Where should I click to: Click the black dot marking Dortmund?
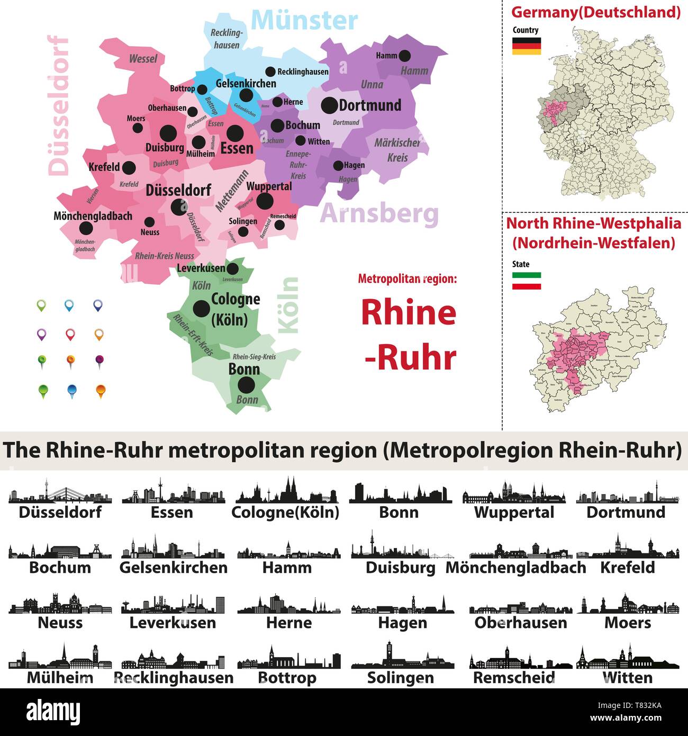(329, 105)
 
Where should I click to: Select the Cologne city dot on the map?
(201, 308)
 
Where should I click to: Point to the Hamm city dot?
(405, 55)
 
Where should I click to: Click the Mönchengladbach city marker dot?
(86, 229)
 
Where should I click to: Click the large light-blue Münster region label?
(304, 21)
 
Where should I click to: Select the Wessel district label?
(143, 59)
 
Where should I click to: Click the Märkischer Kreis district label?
(397, 150)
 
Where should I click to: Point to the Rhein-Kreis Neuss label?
(165, 256)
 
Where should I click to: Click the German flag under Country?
(526, 46)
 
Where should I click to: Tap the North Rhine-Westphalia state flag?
(526, 281)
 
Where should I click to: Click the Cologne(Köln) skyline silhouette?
(286, 491)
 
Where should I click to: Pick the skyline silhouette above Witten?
(627, 658)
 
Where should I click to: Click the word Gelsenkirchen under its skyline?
(174, 568)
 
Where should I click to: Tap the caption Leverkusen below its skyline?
(173, 623)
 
